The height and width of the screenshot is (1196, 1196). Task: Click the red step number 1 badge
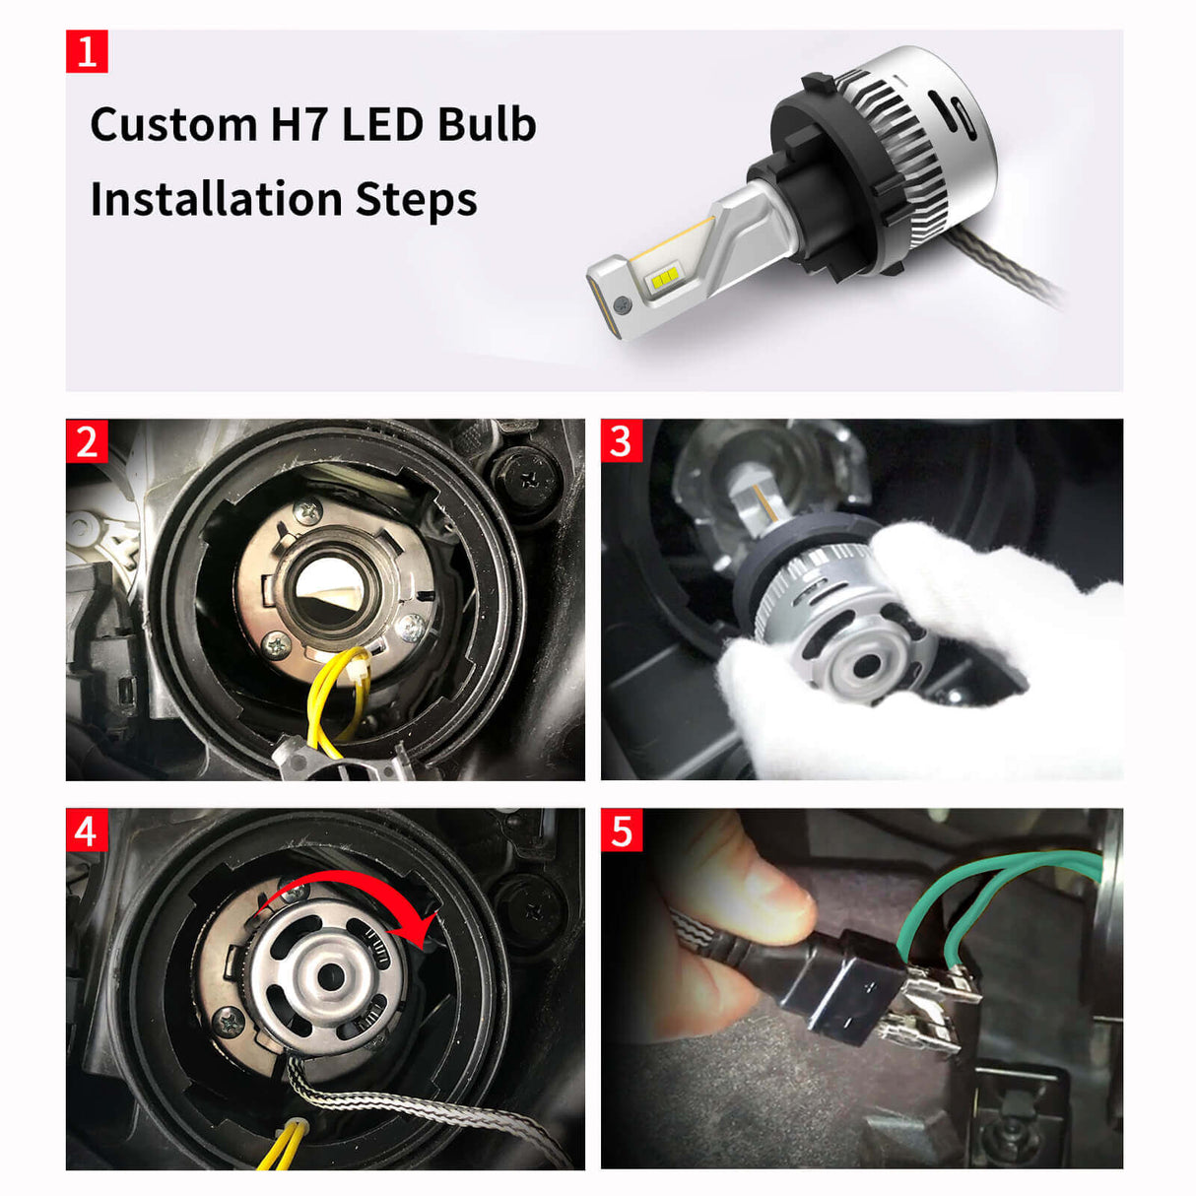coord(87,51)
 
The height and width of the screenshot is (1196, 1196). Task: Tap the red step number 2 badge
coord(87,440)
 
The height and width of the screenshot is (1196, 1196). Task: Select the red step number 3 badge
coord(622,440)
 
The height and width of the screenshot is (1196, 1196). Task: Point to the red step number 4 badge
coord(87,831)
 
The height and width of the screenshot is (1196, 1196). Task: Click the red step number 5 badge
coord(622,831)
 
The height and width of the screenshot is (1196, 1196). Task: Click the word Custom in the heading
coord(173,125)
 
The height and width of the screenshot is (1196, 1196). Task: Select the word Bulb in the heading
coord(487,125)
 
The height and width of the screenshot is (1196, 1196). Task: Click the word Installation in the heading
coord(217,199)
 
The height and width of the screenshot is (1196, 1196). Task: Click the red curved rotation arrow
coord(355,892)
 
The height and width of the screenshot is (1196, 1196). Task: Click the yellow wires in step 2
coord(331,699)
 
